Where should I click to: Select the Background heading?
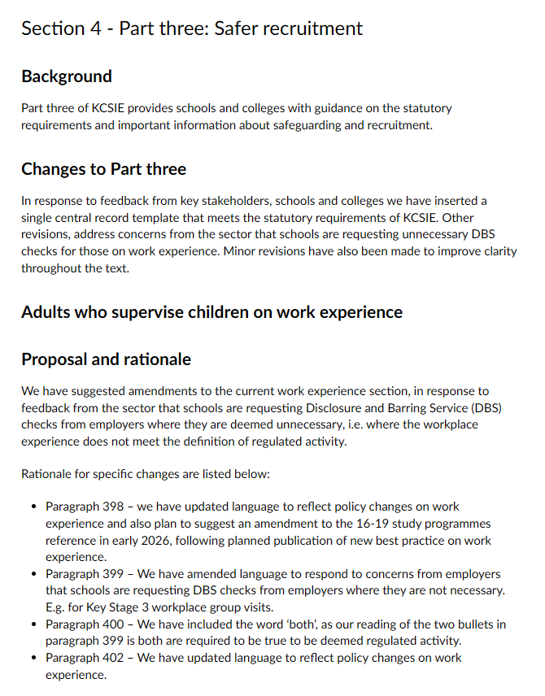click(67, 76)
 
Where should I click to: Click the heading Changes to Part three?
click(103, 169)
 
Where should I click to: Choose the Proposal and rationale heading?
click(106, 359)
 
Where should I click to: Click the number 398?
click(113, 507)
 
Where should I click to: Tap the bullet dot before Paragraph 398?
click(33, 507)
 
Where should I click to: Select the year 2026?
click(182, 541)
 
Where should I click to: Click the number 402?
click(113, 658)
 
